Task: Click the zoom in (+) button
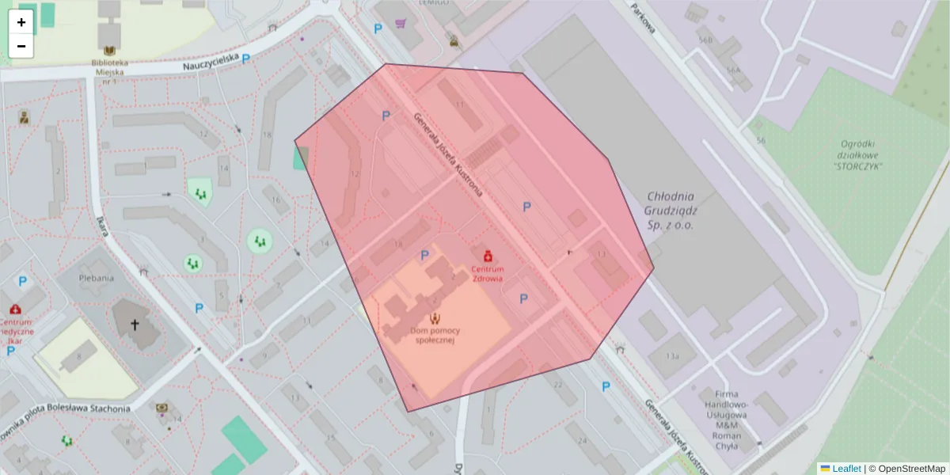pyautogui.click(x=21, y=22)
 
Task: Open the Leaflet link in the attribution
pyautogui.click(x=845, y=468)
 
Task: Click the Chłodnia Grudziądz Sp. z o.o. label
pyautogui.click(x=670, y=211)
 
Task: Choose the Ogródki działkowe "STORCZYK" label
pyautogui.click(x=857, y=154)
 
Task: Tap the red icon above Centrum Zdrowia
pyautogui.click(x=488, y=256)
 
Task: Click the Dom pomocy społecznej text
pyautogui.click(x=432, y=334)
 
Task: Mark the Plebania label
pyautogui.click(x=96, y=278)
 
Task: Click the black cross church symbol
pyautogui.click(x=135, y=325)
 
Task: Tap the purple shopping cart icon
pyautogui.click(x=401, y=24)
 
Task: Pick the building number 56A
pyautogui.click(x=733, y=70)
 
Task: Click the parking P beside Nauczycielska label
pyautogui.click(x=246, y=59)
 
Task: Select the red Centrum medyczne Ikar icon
pyautogui.click(x=16, y=310)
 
